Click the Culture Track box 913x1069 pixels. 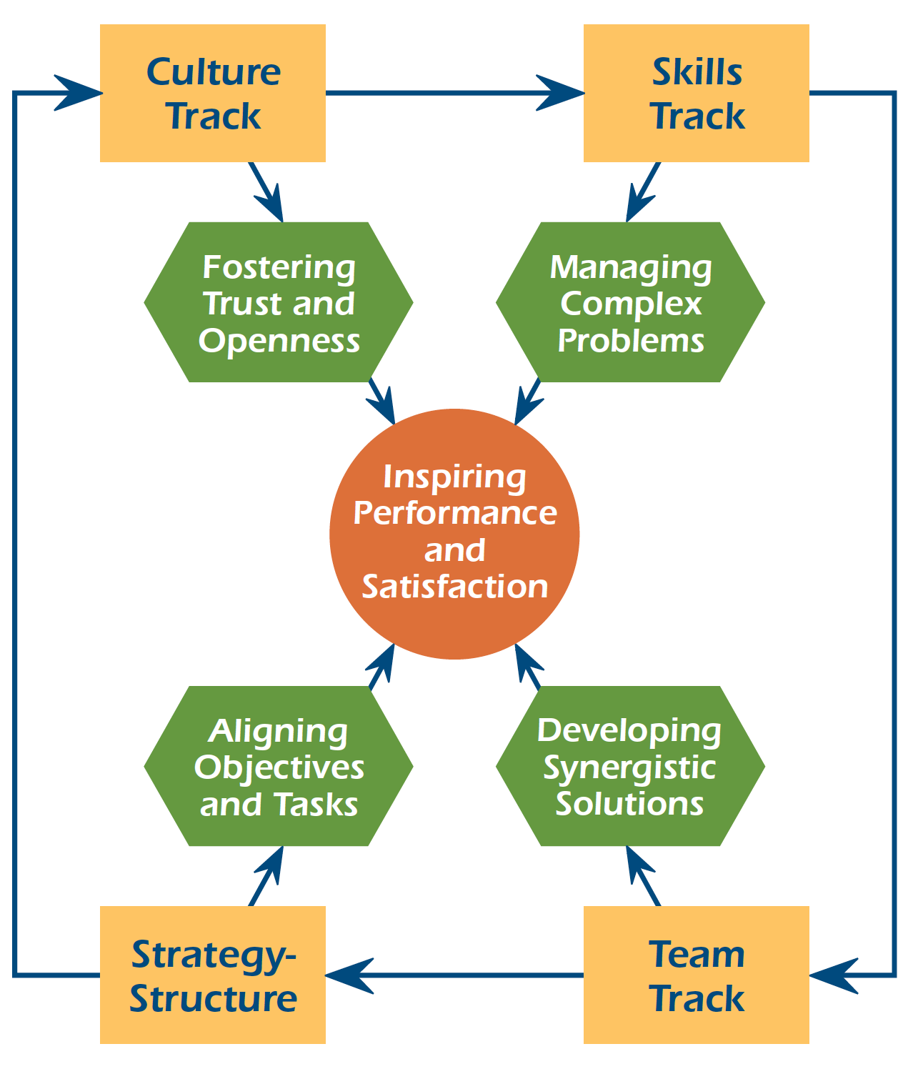click(x=212, y=93)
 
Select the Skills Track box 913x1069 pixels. click(x=696, y=93)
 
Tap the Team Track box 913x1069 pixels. click(x=696, y=975)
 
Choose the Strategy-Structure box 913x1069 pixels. click(x=212, y=975)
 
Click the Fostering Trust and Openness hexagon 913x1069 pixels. click(x=279, y=302)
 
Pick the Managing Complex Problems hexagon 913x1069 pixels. click(x=630, y=302)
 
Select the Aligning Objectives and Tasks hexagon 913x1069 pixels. click(x=279, y=766)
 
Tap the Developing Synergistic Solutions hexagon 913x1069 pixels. click(x=630, y=766)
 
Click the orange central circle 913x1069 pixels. click(x=454, y=534)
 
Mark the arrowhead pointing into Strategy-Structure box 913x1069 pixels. click(x=349, y=975)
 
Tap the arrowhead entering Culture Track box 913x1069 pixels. click(x=77, y=93)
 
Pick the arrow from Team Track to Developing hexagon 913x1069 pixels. click(x=643, y=876)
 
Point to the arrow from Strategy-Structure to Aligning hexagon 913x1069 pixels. click(x=266, y=876)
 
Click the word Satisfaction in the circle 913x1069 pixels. click(x=454, y=587)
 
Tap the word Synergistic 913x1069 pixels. click(x=629, y=767)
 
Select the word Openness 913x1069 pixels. click(x=279, y=340)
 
